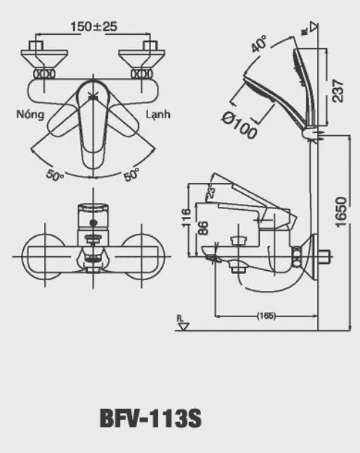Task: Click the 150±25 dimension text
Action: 94,27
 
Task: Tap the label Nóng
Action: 31,115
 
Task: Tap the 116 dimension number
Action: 187,219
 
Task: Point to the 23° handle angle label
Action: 211,193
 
